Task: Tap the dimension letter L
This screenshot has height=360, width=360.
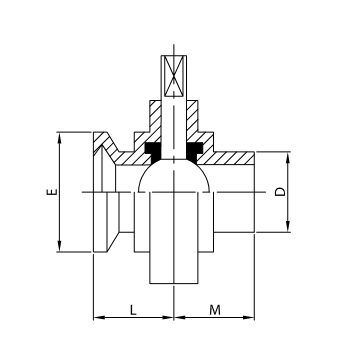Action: (x=133, y=310)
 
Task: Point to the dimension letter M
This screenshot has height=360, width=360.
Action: (x=215, y=310)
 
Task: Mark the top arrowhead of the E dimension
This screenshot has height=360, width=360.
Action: (x=61, y=135)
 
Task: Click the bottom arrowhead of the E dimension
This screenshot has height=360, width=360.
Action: (x=61, y=248)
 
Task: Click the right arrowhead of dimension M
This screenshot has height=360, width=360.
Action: (x=251, y=319)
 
